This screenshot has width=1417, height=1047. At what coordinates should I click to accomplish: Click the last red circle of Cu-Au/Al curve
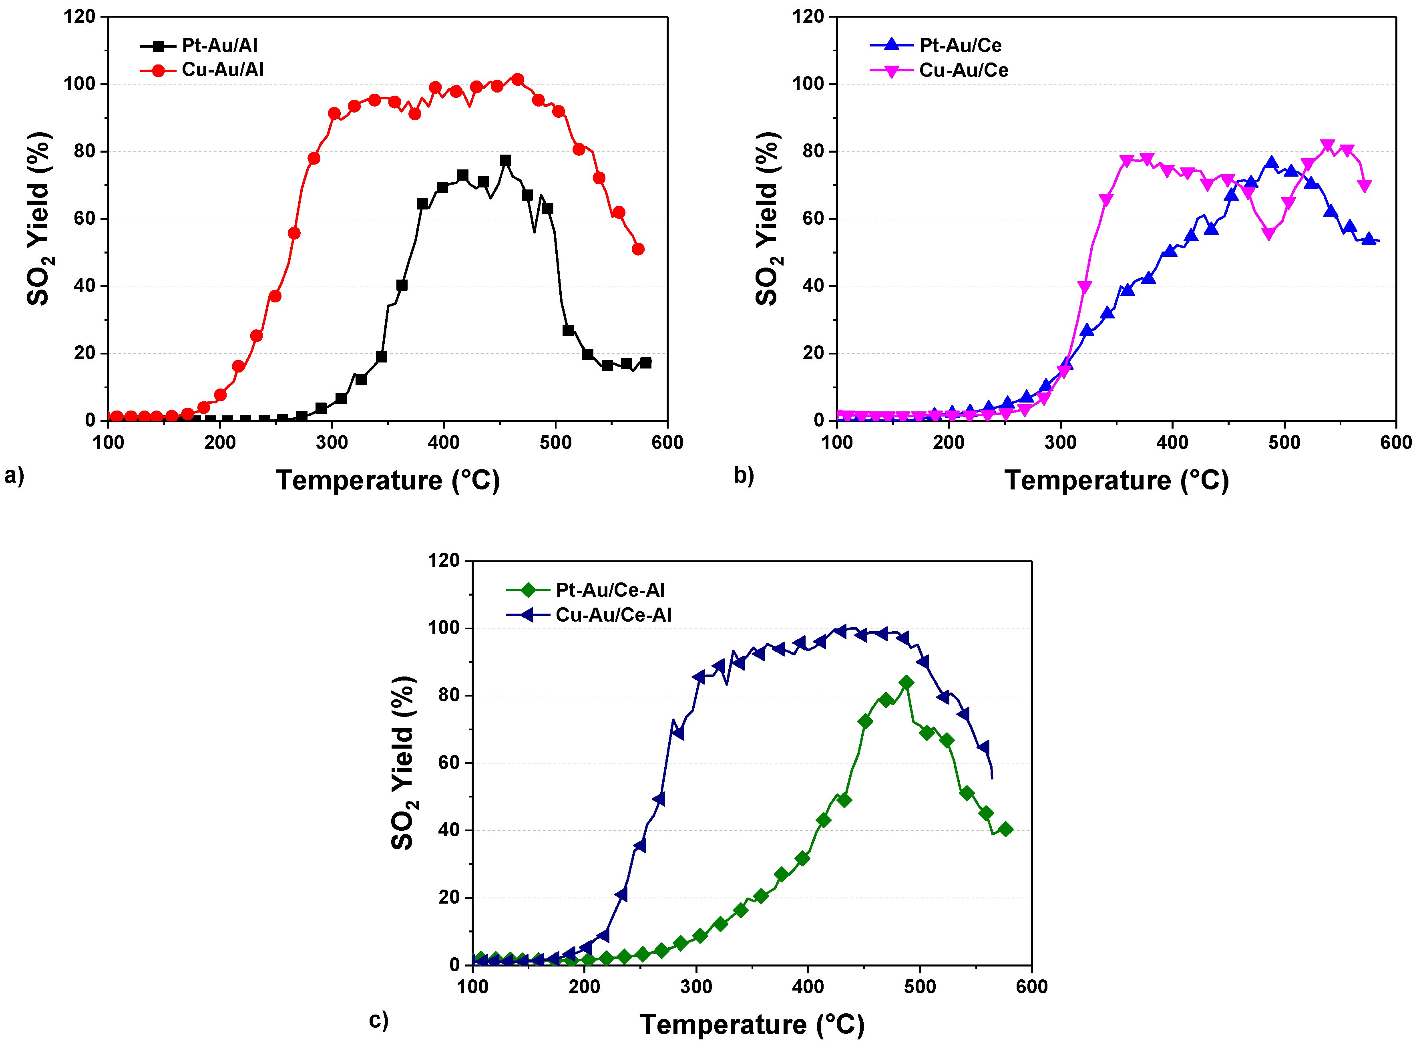click(638, 250)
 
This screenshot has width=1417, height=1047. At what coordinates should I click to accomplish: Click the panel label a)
click(14, 475)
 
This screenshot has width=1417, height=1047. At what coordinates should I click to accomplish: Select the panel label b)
click(744, 475)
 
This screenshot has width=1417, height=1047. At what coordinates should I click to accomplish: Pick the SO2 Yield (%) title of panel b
click(767, 219)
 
